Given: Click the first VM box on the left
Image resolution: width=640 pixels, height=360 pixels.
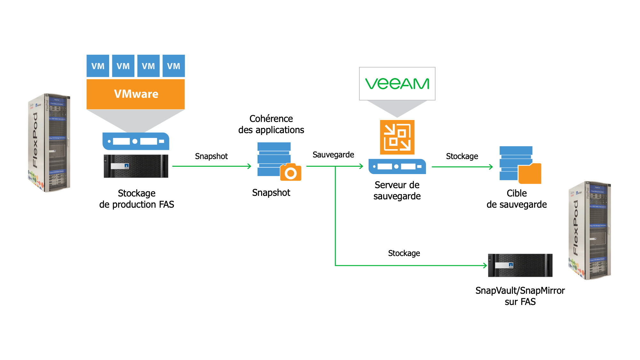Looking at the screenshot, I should coord(98,66).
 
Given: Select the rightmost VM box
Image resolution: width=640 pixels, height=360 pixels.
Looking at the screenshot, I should coord(173,66).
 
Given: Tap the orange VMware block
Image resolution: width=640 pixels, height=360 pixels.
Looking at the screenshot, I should coord(136,94).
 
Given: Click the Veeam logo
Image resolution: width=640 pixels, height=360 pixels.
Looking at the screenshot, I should coord(397,84).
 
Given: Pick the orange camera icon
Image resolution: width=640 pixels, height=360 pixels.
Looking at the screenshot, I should coord(291,173).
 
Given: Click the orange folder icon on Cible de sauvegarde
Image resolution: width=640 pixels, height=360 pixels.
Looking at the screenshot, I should coord(530,174).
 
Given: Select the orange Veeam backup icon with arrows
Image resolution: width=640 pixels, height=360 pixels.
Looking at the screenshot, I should coord(397,137).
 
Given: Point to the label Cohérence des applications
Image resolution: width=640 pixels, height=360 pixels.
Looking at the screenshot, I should coord(271,124).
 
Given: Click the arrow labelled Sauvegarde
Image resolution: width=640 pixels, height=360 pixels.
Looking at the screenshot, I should coord(334,166).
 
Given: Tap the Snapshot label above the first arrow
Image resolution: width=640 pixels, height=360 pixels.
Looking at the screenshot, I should coord(211,156).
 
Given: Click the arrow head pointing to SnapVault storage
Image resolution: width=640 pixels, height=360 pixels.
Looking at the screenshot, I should coord(485,265).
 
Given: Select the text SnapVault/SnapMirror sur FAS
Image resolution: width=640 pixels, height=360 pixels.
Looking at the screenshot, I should coord(520,296).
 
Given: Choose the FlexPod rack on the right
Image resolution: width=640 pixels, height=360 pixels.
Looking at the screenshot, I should coord(589,230).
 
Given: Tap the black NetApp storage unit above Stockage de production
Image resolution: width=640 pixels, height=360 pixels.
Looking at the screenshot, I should coord(136,166).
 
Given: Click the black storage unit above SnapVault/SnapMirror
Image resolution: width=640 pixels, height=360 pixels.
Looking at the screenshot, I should coord(520,265).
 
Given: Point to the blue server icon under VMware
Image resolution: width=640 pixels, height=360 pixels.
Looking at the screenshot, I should coord(136,141).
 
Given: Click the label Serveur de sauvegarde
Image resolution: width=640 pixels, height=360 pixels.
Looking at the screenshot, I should coord(397,190).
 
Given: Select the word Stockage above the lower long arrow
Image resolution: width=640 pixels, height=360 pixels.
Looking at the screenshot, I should coord(404,253).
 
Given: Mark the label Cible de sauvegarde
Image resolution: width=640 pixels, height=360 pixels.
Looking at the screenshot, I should coord(516,199).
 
